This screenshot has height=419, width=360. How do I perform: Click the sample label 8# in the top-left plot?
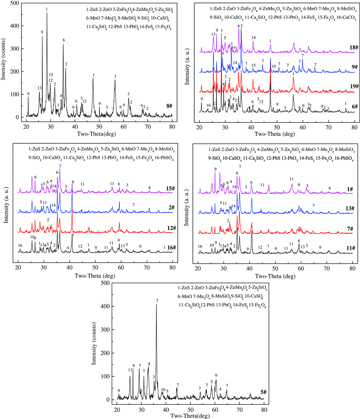coord(169,106)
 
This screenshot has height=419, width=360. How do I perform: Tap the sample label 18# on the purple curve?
coord(354,48)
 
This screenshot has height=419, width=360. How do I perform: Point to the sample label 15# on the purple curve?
coord(170,188)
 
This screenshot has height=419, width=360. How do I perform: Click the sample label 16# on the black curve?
coord(171,248)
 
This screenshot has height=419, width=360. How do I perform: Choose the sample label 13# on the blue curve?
coord(350,208)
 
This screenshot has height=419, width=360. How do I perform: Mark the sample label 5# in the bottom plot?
coord(263,392)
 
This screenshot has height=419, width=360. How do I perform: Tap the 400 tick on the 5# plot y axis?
coord(105,306)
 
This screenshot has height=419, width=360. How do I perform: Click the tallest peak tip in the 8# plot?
coord(47,13)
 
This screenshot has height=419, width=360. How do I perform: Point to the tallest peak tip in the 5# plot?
coord(156,305)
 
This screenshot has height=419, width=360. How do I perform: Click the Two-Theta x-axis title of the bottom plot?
coord(190,416)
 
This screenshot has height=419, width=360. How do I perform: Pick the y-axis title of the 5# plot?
coord(94,343)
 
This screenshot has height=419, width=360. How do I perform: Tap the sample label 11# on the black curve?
coord(350,248)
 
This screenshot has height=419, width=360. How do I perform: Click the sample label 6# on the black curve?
coord(355,107)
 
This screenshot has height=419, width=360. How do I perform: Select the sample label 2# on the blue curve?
coord(172,208)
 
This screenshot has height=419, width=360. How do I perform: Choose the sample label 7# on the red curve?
coord(350,229)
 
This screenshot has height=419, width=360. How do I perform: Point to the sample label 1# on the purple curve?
coord(350,189)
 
